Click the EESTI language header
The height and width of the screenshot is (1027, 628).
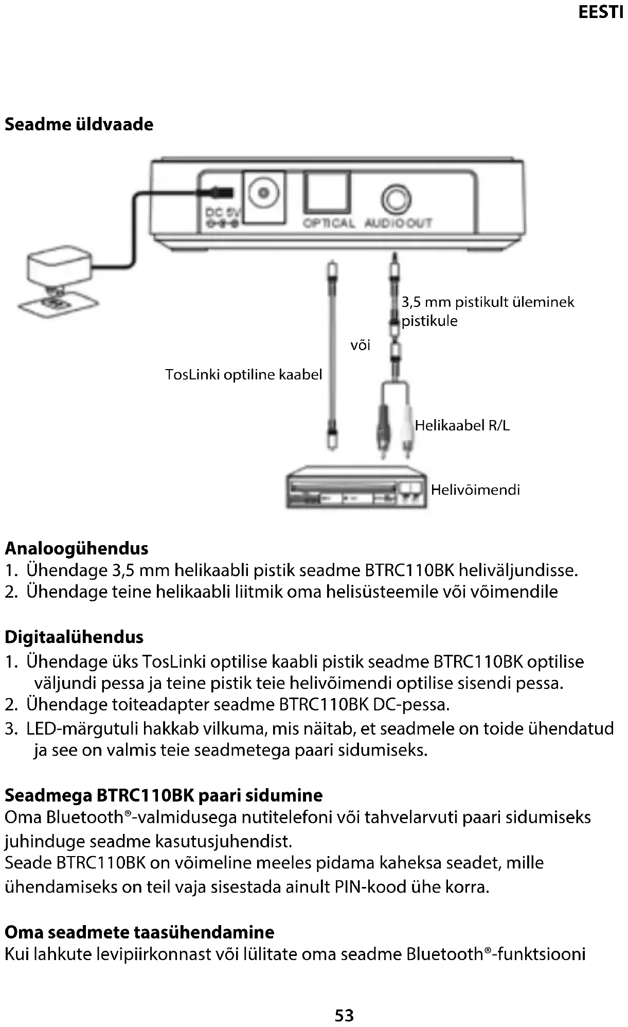pyautogui.click(x=600, y=12)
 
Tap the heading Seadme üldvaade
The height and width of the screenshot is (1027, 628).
pyautogui.click(x=79, y=125)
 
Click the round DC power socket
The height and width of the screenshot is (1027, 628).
pyautogui.click(x=264, y=193)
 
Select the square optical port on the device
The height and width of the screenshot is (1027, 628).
pyautogui.click(x=327, y=192)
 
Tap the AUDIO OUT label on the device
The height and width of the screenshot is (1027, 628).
pyautogui.click(x=398, y=223)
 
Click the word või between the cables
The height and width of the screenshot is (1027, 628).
pyautogui.click(x=360, y=345)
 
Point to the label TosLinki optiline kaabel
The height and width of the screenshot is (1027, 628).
pyautogui.click(x=243, y=374)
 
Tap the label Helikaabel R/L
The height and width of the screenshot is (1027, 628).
pyautogui.click(x=462, y=426)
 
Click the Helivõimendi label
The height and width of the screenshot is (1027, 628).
pyautogui.click(x=475, y=490)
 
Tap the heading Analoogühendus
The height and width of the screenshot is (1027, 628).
pyautogui.click(x=77, y=548)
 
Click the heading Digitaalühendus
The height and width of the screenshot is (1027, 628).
pyautogui.click(x=74, y=637)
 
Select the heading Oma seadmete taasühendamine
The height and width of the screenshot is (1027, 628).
pyautogui.click(x=139, y=932)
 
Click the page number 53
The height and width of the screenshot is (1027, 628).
pyautogui.click(x=344, y=1015)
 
